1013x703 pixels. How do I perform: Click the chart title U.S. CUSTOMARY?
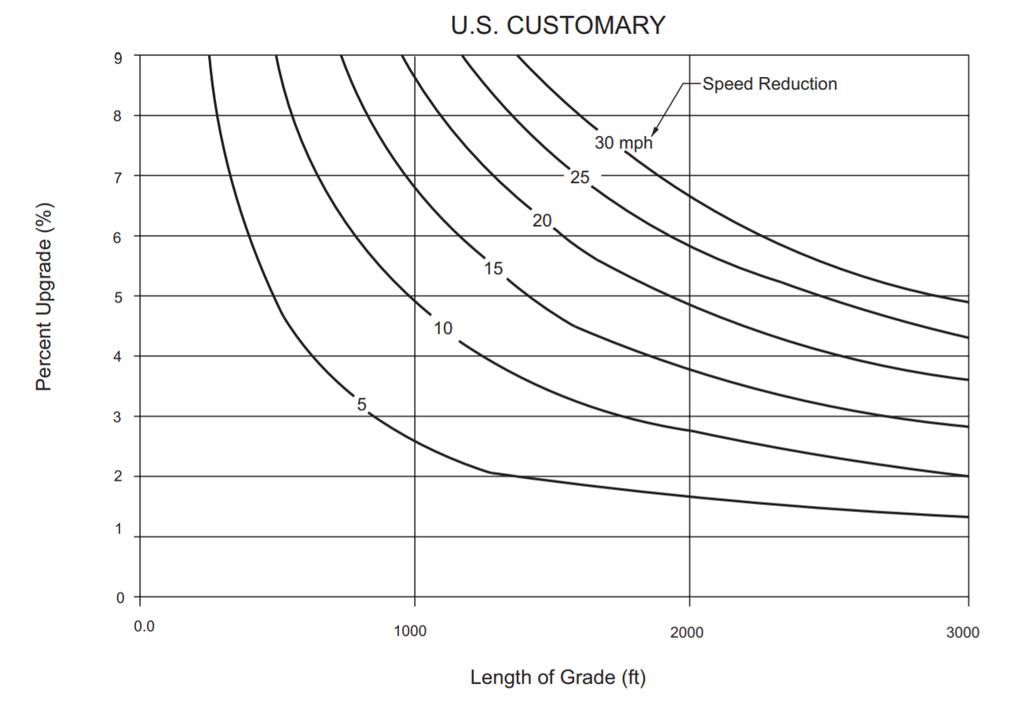click(x=558, y=25)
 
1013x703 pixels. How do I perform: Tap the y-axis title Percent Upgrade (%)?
click(x=44, y=296)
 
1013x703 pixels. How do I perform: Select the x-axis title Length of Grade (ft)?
click(x=558, y=676)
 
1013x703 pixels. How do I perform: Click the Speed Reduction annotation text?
click(x=770, y=84)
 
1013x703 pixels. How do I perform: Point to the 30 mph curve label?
click(x=624, y=143)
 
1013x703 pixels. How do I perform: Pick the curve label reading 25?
click(x=580, y=178)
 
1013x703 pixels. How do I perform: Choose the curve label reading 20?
click(x=542, y=221)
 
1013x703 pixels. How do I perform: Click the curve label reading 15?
click(x=492, y=269)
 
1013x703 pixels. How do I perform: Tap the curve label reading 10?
click(x=443, y=328)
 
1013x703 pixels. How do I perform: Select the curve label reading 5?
click(x=361, y=405)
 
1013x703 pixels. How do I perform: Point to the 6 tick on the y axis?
click(x=119, y=236)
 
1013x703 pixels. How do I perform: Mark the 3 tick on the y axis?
click(x=119, y=416)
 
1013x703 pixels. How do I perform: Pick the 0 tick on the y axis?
click(x=119, y=597)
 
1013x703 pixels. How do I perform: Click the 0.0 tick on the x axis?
click(x=144, y=627)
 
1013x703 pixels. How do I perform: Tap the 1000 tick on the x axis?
click(x=409, y=632)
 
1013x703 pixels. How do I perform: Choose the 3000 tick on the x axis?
click(x=963, y=633)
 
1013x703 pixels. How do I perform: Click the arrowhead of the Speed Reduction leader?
click(x=654, y=134)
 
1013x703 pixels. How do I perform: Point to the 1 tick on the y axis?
click(x=119, y=529)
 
